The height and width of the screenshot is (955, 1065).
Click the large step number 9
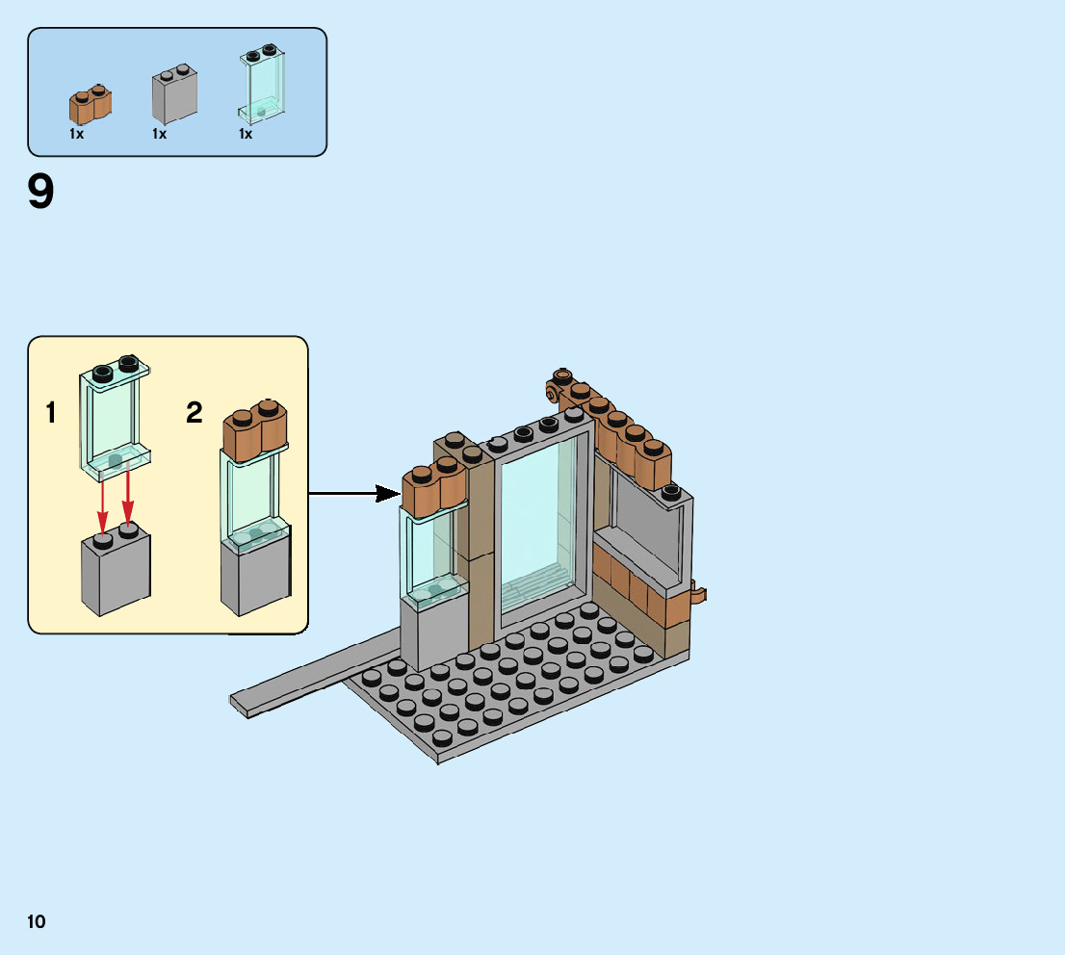[x=41, y=193]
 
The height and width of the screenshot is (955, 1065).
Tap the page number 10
[x=37, y=921]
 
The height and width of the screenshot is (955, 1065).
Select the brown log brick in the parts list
[x=90, y=104]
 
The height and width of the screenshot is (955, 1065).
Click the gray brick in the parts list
[x=174, y=96]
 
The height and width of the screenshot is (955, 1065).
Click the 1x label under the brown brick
[x=77, y=135]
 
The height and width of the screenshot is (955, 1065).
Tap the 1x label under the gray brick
[x=160, y=135]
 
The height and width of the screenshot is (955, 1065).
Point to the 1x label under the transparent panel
[x=247, y=135]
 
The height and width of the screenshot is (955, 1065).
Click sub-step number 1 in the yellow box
[x=51, y=414]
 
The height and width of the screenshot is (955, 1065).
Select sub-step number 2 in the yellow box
[x=195, y=414]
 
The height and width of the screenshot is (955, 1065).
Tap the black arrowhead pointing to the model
[x=388, y=494]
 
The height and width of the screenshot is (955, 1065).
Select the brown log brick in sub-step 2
[x=255, y=428]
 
